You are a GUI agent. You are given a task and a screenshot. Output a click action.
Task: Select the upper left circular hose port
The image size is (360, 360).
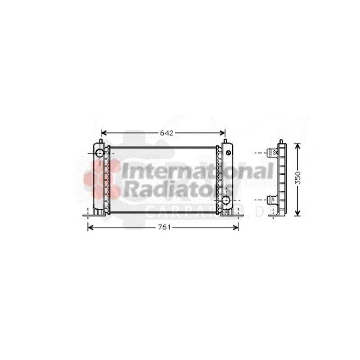pyautogui.click(x=99, y=153)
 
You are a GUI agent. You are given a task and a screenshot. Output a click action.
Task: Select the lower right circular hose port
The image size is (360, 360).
pyautogui.click(x=226, y=200)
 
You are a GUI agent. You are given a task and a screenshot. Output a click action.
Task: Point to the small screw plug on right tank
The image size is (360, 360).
pyautogui.click(x=228, y=153)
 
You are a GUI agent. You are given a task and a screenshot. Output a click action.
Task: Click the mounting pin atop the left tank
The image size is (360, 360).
pyautogui.click(x=101, y=142)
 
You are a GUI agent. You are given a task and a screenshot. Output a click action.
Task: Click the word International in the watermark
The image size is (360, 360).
pyautogui.click(x=198, y=171)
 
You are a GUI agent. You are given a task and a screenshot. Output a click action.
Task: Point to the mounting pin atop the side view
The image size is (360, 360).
pyautogui.click(x=281, y=142)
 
